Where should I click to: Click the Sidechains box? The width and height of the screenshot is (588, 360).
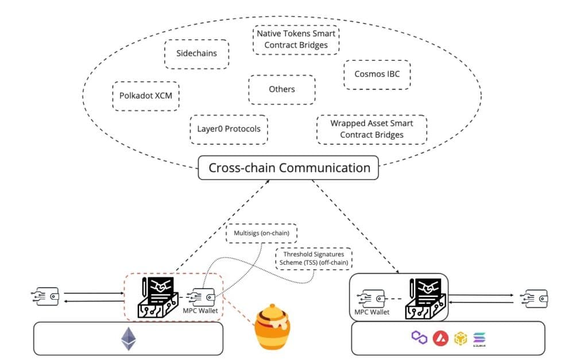coord(196,55)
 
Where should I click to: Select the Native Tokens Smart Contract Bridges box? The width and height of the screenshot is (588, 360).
coord(296,40)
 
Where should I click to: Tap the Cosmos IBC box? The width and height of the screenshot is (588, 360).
coord(377,75)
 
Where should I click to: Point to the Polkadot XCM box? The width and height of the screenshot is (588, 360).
coord(146,95)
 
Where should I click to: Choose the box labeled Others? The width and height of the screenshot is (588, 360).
coord(281,90)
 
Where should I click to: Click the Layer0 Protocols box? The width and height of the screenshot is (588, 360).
coord(229,129)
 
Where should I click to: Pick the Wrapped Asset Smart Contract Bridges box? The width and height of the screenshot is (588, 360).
coord(372,129)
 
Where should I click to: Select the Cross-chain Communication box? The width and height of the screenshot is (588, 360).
coord(289,168)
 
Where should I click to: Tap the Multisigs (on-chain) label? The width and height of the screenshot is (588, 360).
coord(261,233)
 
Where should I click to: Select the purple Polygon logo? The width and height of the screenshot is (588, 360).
coord(420,338)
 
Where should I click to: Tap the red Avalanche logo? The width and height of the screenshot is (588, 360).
coord(440,338)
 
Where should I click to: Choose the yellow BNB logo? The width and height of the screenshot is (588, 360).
coord(461,338)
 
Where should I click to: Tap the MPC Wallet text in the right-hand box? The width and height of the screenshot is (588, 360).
coord(372,312)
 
